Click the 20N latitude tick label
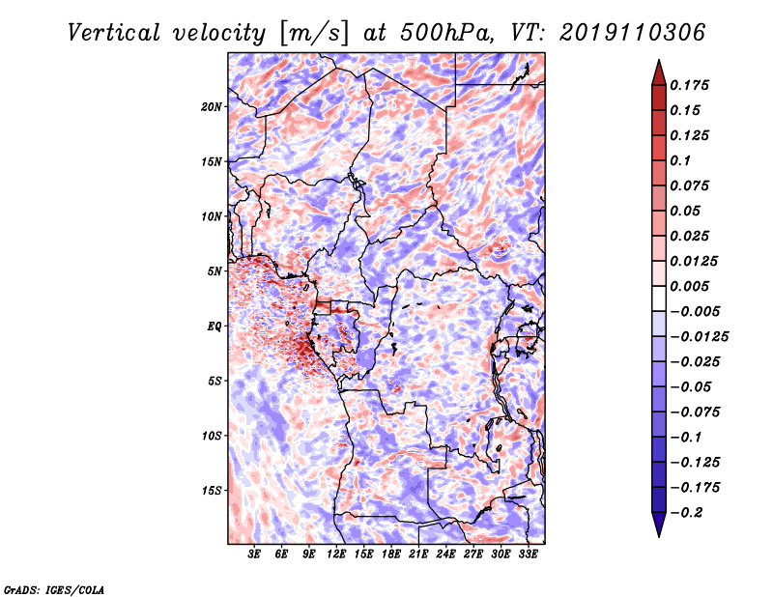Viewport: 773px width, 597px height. point(212,107)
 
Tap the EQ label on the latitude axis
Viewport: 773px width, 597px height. point(215,327)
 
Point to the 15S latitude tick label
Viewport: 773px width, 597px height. point(212,491)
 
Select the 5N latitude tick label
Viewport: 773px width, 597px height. point(215,271)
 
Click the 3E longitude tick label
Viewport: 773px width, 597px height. point(254,554)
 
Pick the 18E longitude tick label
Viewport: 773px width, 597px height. point(391,554)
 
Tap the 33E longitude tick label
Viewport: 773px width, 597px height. point(528,554)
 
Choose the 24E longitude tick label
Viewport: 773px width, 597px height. point(445,554)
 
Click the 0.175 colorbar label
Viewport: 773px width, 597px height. point(689,85)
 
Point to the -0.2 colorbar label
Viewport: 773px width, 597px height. point(686,513)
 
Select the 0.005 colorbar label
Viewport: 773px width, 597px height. point(689,286)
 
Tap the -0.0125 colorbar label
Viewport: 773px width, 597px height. point(699,337)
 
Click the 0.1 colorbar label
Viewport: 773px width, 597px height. point(680,160)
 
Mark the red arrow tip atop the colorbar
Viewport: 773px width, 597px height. point(659,60)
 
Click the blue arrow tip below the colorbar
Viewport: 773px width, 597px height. point(659,536)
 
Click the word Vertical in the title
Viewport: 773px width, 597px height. point(114,33)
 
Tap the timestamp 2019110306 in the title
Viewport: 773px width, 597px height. point(632,33)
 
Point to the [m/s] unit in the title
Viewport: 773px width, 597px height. point(314,34)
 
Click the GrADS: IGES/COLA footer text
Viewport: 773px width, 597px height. point(54,589)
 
